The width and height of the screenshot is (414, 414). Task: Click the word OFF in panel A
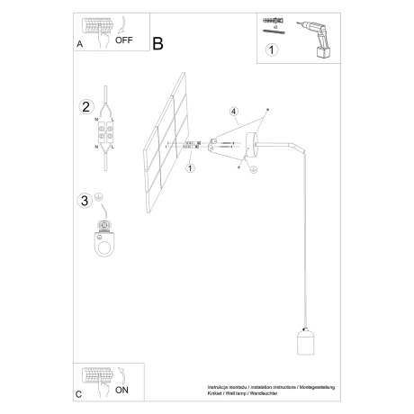coord(124,40)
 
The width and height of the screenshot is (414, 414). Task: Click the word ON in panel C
coord(123,390)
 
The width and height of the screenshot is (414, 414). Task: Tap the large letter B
coord(158,42)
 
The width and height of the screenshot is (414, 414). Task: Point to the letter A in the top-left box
coord(80,42)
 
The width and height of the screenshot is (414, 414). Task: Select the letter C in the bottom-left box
coord(80,393)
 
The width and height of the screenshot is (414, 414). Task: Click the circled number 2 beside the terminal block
coord(86,107)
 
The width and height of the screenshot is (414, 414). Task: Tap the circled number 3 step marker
coord(85,200)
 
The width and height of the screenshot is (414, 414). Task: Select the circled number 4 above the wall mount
coord(233,112)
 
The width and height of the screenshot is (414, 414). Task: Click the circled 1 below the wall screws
coord(190,167)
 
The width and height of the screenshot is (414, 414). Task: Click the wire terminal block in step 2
coord(106,135)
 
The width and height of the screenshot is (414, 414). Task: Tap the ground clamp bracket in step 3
coord(106,238)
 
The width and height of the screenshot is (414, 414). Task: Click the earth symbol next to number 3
coord(100,197)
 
